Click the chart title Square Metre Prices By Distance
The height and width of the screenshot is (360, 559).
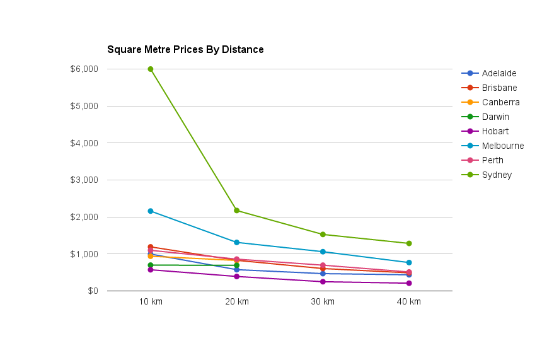pos(185,49)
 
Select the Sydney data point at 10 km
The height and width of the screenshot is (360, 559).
pos(151,69)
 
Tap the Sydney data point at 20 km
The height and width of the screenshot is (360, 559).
pos(237,211)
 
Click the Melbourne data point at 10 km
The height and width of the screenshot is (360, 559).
pos(151,211)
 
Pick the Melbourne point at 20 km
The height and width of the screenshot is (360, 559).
pos(237,242)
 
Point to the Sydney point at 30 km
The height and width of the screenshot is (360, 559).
pos(323,235)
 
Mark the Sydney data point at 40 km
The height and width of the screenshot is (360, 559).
pos(409,243)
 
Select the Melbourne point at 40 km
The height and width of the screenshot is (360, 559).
pos(409,262)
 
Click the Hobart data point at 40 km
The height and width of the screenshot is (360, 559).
pos(409,283)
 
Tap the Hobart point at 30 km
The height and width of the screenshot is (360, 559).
pos(323,282)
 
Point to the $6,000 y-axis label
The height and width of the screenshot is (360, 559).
pos(85,69)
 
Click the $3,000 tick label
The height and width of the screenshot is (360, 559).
pos(85,180)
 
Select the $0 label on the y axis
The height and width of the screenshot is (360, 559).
pos(93,291)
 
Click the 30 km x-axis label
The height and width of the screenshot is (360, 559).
pos(323,301)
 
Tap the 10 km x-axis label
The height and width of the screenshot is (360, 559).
pos(151,301)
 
